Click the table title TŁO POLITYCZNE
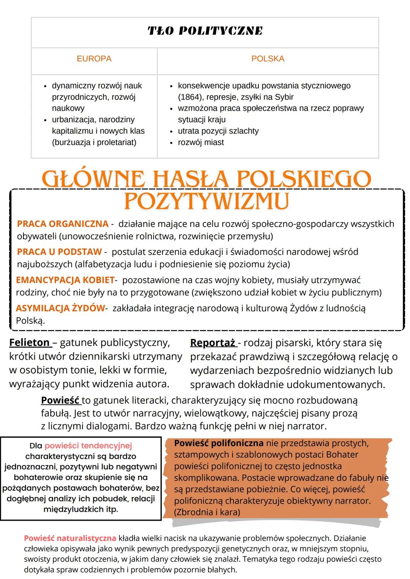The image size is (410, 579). (205, 31)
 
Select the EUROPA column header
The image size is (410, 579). (94, 59)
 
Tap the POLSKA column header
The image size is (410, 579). (268, 59)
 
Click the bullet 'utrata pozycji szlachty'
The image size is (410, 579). (218, 131)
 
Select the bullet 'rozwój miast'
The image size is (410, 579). (201, 143)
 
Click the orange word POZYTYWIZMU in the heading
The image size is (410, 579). (207, 201)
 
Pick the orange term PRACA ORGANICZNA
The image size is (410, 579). (63, 224)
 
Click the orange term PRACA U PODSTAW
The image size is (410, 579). (60, 251)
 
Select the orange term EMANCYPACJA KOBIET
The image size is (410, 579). (65, 280)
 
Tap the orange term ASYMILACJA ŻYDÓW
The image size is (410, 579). (60, 308)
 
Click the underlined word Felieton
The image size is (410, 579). (30, 343)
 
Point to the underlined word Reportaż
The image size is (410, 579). (213, 343)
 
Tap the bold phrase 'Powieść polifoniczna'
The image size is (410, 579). (219, 443)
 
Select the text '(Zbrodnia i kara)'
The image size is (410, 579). (207, 512)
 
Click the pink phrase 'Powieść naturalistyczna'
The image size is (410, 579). (70, 538)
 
